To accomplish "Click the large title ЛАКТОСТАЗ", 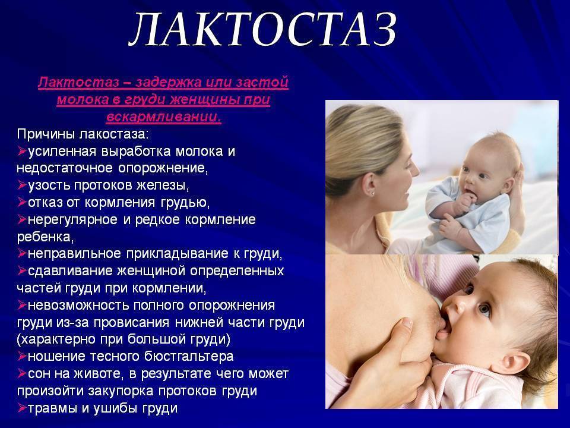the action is pyautogui.click(x=262, y=29).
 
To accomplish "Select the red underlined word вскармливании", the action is pyautogui.click(x=164, y=117).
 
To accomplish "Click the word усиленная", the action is pyautogui.click(x=62, y=151).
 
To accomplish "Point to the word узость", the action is pyautogui.click(x=49, y=185).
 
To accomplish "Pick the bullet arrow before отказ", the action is pyautogui.click(x=22, y=202).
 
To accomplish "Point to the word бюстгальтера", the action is pyautogui.click(x=189, y=356).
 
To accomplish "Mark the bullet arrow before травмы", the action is pyautogui.click(x=22, y=407).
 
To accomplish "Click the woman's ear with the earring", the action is pyautogui.click(x=369, y=183).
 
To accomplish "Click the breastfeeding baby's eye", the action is pyautogui.click(x=484, y=309).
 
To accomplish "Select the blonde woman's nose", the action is pyautogui.click(x=414, y=168).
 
